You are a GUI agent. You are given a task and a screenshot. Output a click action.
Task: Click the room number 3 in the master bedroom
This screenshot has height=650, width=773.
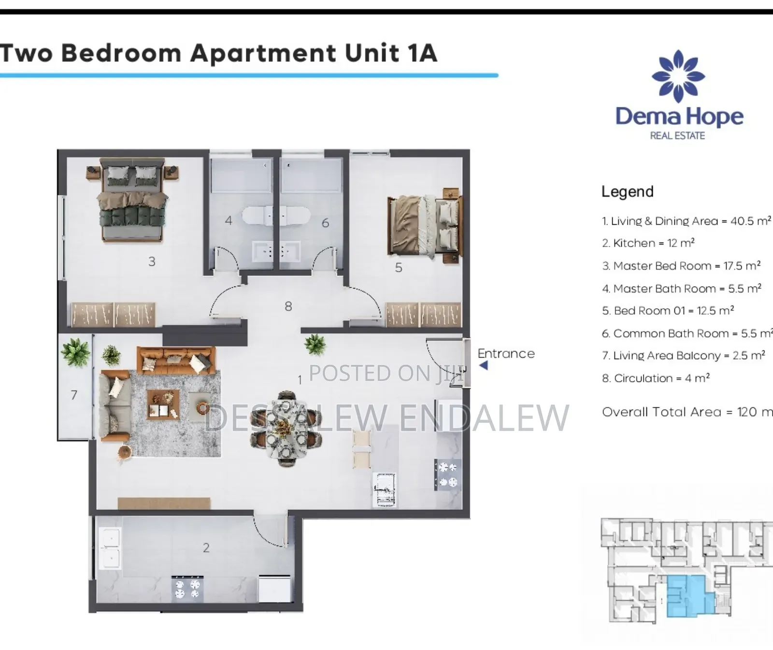coord(152,261)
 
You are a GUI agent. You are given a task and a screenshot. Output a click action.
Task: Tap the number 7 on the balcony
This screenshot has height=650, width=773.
coord(74,395)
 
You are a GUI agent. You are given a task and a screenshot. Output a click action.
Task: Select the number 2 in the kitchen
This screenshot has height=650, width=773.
coord(206,548)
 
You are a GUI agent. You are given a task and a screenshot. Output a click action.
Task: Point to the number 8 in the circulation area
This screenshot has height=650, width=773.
coord(288,306)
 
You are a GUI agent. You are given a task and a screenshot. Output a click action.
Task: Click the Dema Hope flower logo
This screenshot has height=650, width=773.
coord(678,76)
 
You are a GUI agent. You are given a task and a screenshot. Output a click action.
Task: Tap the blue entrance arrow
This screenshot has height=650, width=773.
coord(484,366)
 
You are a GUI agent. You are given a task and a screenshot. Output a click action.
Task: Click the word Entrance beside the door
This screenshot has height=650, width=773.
coord(506,353)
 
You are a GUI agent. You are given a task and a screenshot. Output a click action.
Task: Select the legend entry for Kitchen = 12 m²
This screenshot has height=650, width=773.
coord(648,243)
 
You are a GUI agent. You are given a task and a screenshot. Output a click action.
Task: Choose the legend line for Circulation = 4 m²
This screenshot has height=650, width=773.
coord(656,378)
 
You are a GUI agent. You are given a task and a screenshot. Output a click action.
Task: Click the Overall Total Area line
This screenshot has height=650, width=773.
coord(686,412)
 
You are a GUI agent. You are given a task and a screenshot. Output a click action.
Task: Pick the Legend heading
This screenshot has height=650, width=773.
coord(627,191)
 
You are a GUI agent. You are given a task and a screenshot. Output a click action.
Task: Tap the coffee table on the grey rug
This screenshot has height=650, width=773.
coord(163,404)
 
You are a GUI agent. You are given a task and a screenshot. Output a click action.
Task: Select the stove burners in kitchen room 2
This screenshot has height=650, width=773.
coord(187,589)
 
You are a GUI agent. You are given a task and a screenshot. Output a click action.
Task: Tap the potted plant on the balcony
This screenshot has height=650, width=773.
coord(75,351)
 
